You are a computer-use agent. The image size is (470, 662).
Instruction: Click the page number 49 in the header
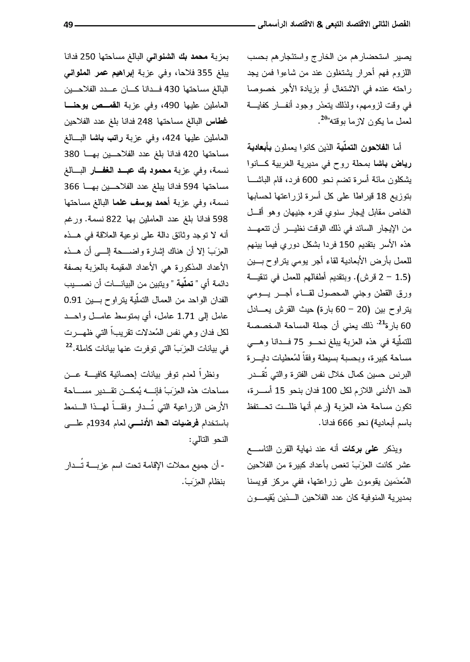(x=68, y=25)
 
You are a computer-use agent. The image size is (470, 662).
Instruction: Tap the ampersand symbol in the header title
(x=319, y=25)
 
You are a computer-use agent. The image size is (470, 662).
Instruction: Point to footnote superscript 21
(x=381, y=322)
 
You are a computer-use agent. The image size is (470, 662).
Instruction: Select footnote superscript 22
(x=68, y=345)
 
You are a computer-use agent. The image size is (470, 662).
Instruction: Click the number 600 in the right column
(x=310, y=180)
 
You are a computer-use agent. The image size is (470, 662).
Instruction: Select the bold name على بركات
(x=360, y=449)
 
